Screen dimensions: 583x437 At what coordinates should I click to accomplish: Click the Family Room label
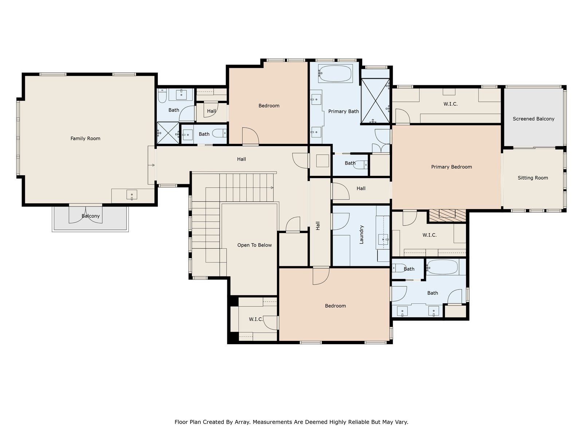tap(85, 138)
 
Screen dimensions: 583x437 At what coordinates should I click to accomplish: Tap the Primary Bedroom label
tap(451, 167)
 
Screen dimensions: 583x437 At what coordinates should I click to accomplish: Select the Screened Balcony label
tap(533, 119)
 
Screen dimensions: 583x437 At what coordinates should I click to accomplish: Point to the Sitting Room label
tap(533, 178)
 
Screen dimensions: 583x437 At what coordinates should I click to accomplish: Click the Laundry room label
tap(361, 235)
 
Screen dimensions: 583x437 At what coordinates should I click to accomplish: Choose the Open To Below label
tap(254, 245)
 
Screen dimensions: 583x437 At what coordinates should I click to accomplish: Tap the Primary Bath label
tap(344, 111)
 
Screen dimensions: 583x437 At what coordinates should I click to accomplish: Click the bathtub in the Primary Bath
tap(335, 74)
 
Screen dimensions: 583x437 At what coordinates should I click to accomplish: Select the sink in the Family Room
tap(132, 195)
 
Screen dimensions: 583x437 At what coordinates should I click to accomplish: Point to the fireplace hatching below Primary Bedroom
tap(447, 215)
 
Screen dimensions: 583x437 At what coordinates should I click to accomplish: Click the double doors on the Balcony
tap(86, 214)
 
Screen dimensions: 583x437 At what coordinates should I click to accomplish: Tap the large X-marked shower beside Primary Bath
tap(375, 101)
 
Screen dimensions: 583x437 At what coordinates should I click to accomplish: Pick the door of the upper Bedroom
tap(250, 136)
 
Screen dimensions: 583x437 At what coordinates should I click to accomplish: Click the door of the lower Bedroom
tap(321, 276)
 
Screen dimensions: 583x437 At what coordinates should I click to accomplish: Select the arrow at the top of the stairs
tap(272, 188)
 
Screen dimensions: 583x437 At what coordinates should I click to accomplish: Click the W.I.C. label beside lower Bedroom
tap(256, 319)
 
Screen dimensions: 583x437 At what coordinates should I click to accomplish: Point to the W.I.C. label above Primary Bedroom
tap(450, 104)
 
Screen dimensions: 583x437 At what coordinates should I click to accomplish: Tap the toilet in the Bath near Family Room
tap(162, 96)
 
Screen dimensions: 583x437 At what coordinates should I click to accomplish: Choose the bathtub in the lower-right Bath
tap(442, 267)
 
